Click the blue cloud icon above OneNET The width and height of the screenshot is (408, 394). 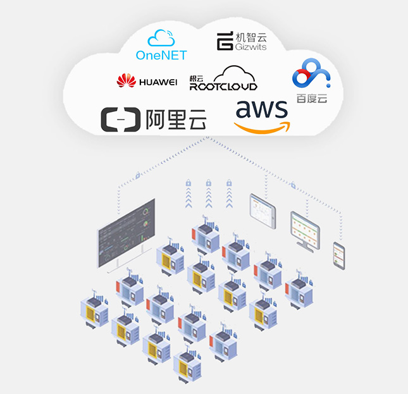coord(161,37)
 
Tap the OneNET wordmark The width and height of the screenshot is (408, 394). coord(161,56)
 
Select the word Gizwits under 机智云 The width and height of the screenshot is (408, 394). coord(251,47)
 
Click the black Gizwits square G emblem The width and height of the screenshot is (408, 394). coord(225,42)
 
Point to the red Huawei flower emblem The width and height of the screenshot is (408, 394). coord(127,80)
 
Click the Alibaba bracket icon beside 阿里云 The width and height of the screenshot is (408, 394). coord(121,120)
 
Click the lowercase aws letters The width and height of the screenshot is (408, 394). coord(262,110)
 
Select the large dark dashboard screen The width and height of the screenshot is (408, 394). coord(126,234)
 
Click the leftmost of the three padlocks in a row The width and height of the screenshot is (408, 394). coord(188,183)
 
